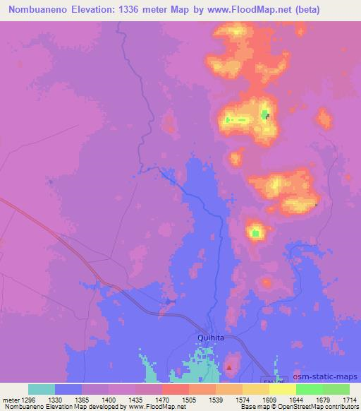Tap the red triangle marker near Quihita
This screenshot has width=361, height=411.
228,367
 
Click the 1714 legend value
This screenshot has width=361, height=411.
350,399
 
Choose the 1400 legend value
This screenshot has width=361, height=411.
109,399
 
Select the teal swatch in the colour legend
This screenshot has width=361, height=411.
42,389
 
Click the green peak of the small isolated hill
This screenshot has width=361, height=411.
256,231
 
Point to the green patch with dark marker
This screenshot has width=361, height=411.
265,114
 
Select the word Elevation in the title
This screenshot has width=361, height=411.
97,10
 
